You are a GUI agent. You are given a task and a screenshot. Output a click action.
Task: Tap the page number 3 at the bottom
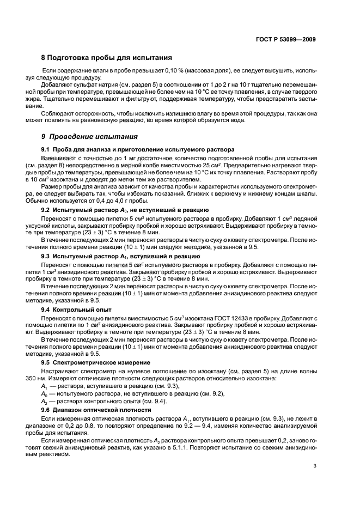tap(315, 466)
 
